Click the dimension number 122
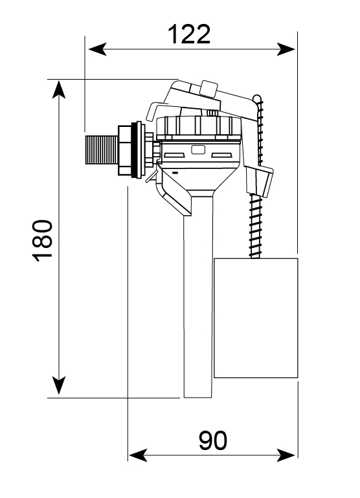pyautogui.click(x=189, y=34)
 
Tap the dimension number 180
pyautogui.click(x=43, y=240)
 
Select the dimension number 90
pyautogui.click(x=213, y=440)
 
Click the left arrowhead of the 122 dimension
pyautogui.click(x=97, y=49)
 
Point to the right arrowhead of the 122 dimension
pyautogui.click(x=286, y=49)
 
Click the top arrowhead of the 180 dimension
pyautogui.click(x=59, y=89)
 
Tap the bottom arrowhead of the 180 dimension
pyautogui.click(x=59, y=385)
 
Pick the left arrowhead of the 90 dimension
pyautogui.click(x=138, y=455)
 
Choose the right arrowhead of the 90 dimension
pyautogui.click(x=286, y=455)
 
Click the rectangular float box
pyautogui.click(x=256, y=318)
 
